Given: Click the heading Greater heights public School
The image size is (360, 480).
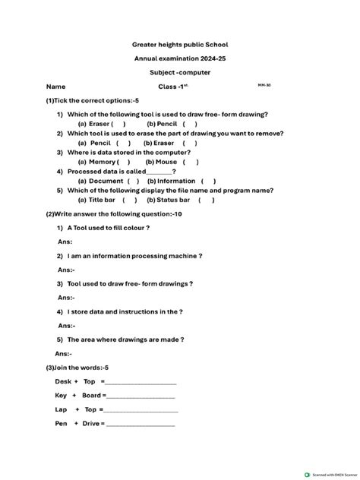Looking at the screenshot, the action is pyautogui.click(x=180, y=45).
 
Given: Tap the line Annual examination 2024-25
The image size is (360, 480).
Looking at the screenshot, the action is pyautogui.click(x=180, y=58).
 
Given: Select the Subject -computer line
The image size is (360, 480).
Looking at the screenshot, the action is pyautogui.click(x=180, y=72).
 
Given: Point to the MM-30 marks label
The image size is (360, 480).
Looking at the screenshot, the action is pyautogui.click(x=264, y=85).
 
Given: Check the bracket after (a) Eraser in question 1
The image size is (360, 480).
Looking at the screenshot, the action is pyautogui.click(x=119, y=123).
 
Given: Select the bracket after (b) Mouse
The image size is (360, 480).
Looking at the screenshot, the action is pyautogui.click(x=191, y=162).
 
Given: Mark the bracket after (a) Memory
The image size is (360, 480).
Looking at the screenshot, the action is pyautogui.click(x=123, y=162).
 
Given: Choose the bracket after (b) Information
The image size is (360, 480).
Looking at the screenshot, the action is pyautogui.click(x=208, y=181).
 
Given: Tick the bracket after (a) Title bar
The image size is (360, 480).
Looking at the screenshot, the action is pyautogui.click(x=126, y=201).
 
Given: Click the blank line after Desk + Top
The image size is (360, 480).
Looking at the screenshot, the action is pyautogui.click(x=139, y=382).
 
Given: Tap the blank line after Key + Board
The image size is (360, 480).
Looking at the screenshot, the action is pyautogui.click(x=141, y=396).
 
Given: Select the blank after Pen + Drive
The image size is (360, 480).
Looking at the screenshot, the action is pyautogui.click(x=141, y=424).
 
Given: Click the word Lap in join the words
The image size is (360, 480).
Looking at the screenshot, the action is pyautogui.click(x=62, y=409).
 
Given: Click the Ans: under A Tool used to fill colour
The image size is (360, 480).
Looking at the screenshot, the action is pyautogui.click(x=65, y=242).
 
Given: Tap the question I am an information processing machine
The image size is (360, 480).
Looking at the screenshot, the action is pyautogui.click(x=134, y=256).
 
